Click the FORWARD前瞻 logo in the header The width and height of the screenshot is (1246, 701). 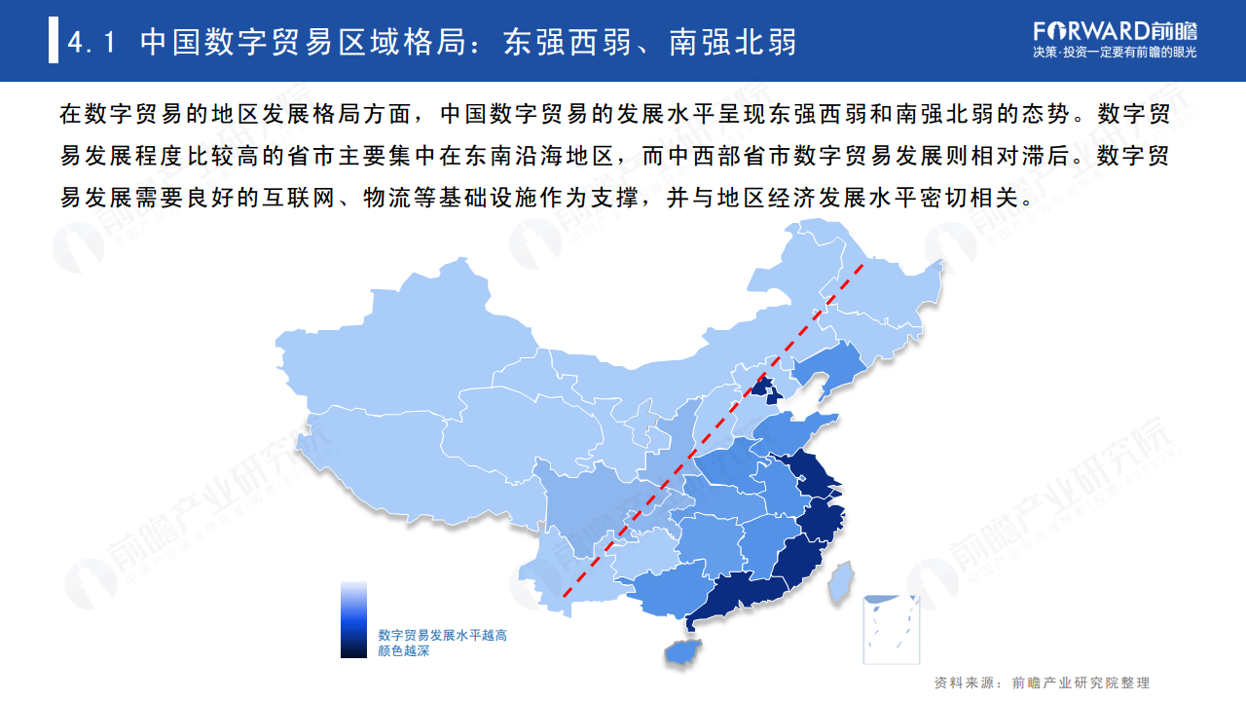1116,29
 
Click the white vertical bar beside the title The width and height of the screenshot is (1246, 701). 54,42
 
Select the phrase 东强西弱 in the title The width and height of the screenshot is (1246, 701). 564,42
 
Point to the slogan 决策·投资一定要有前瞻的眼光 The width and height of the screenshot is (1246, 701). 1115,52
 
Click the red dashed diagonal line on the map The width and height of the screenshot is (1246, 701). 711,428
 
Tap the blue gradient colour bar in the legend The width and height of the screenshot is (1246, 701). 353,619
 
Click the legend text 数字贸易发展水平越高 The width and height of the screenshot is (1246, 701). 442,635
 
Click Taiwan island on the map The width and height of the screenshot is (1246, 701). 840,581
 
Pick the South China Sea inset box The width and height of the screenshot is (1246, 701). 892,627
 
